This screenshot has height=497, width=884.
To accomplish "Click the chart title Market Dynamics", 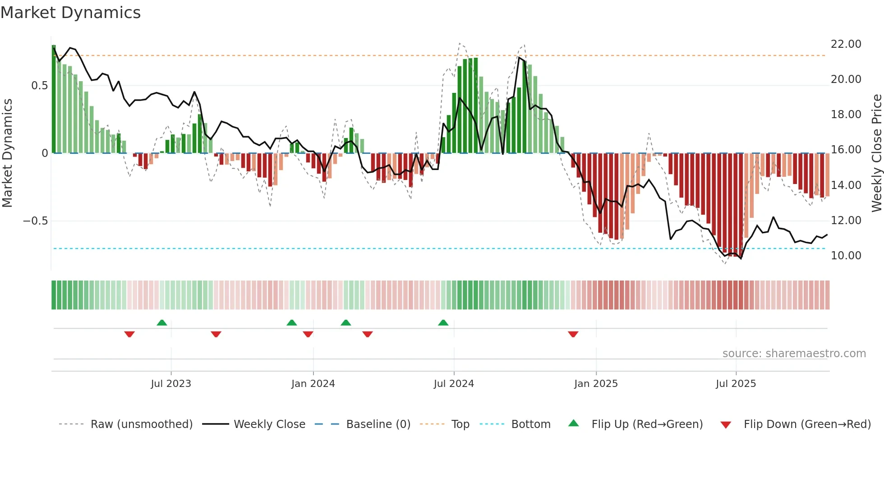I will tap(70, 13).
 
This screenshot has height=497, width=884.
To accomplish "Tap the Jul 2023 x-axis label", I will tap(171, 384).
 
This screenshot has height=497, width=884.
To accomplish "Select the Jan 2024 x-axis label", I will tap(313, 384).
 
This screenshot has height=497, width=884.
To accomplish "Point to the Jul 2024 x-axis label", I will tap(454, 384).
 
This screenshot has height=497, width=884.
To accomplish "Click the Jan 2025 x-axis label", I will tap(596, 384).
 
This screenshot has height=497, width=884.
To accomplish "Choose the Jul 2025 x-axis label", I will tap(736, 384).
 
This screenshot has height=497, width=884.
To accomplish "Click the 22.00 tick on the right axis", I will tap(846, 44).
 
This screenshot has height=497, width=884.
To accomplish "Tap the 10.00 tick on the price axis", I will tap(846, 256).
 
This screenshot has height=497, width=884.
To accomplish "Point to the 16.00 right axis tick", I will tap(846, 150).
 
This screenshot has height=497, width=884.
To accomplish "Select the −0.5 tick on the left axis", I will tap(35, 221).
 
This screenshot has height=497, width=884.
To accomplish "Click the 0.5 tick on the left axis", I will tap(39, 86).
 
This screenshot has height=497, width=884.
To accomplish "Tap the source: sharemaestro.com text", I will tap(794, 354).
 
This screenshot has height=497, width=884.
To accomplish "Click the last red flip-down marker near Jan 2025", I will tap(573, 334).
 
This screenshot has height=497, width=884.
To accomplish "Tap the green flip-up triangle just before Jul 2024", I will tap(443, 323).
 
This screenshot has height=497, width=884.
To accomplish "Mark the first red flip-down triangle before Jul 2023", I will tap(129, 334).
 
